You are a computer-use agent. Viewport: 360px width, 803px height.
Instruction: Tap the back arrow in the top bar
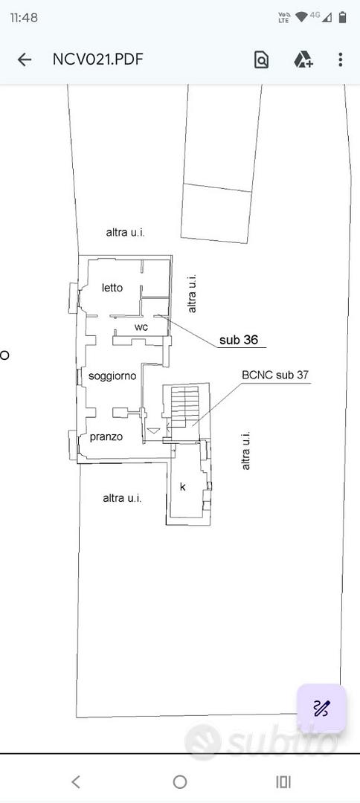tap(24, 60)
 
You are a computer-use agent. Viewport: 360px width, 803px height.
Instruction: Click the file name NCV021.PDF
tap(97, 59)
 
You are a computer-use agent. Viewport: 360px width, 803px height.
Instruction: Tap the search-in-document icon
tap(261, 60)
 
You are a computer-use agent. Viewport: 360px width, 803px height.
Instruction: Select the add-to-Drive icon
tap(303, 59)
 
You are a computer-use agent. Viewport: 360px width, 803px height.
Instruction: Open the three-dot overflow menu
tap(340, 59)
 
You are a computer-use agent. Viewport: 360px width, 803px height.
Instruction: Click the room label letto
tap(112, 288)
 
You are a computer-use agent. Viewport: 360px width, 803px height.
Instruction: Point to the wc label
tap(141, 327)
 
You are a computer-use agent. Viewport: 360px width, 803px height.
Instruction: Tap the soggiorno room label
tap(112, 376)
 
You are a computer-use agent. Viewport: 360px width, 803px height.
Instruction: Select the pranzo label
tap(106, 437)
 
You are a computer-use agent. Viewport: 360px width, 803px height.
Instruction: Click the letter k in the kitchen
tap(182, 486)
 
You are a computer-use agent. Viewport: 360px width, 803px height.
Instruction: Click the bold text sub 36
tap(239, 340)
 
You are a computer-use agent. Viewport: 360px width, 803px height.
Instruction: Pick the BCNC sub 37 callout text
tap(275, 375)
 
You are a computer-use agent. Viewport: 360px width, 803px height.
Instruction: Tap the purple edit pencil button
tap(321, 709)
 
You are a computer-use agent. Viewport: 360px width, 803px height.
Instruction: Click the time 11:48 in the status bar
tap(24, 17)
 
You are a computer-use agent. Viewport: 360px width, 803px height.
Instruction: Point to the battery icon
tap(343, 17)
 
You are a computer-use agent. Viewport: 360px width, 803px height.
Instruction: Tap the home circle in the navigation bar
tap(180, 781)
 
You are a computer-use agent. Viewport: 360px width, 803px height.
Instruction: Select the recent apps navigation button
tap(283, 781)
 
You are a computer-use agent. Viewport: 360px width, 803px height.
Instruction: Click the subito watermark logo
tap(262, 741)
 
